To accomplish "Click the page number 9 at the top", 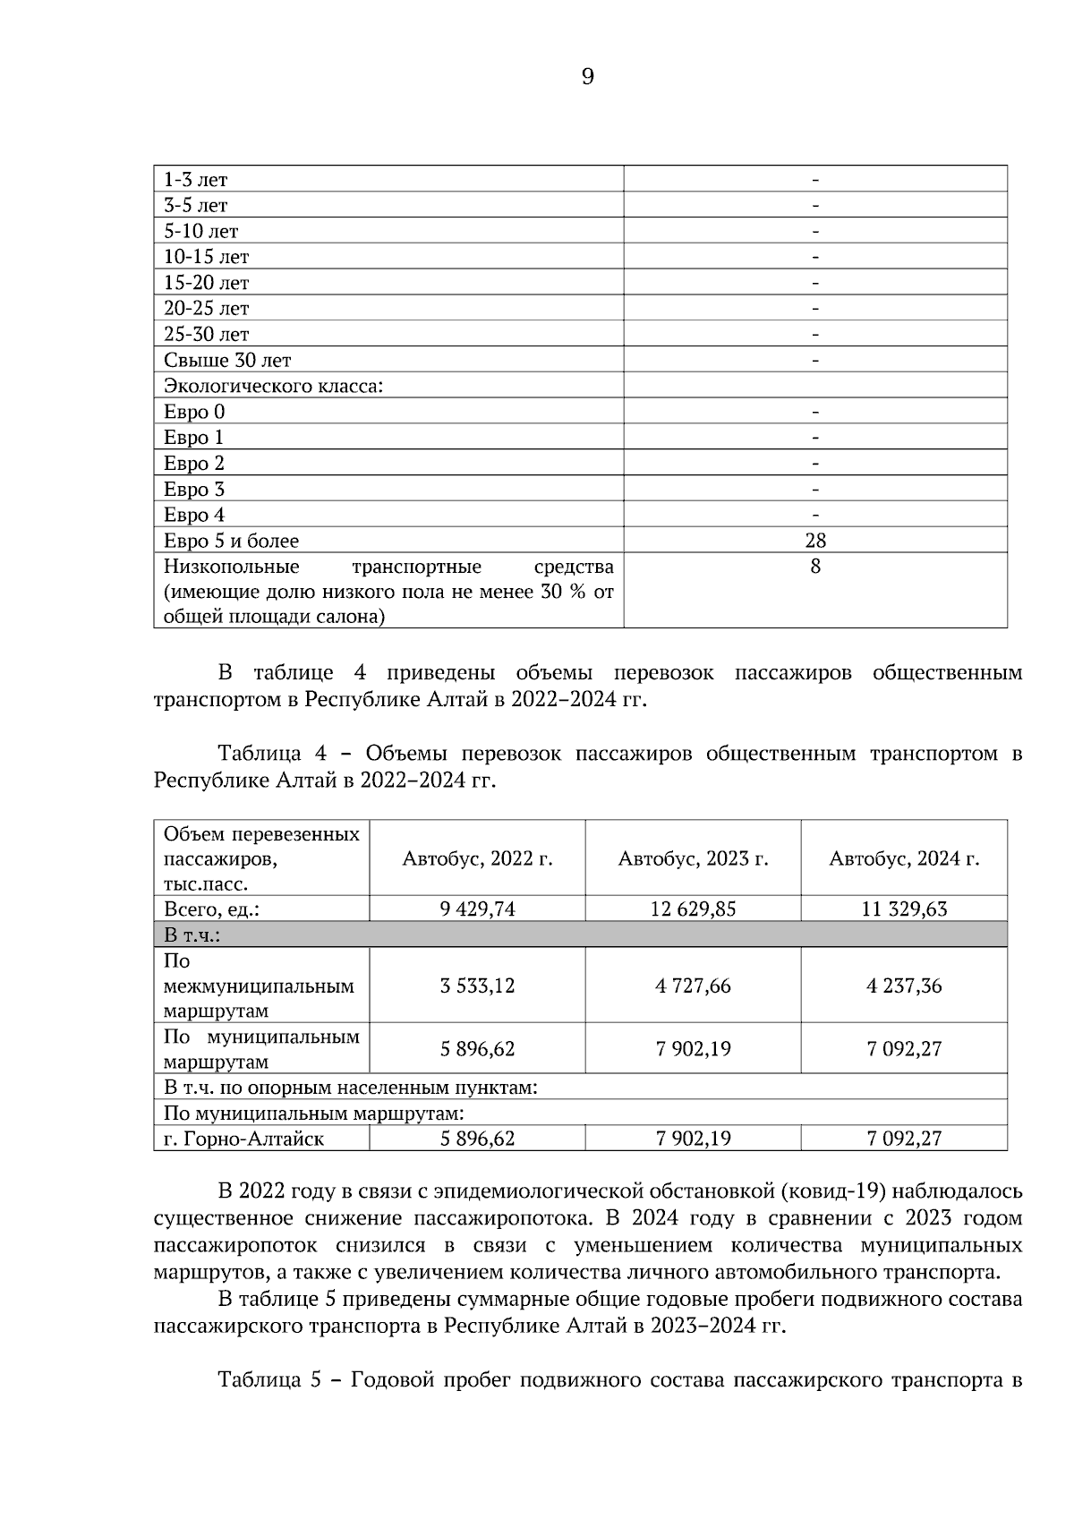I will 587,78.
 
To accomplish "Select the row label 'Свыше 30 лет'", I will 227,361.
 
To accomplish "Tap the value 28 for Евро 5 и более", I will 814,541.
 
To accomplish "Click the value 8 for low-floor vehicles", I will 814,567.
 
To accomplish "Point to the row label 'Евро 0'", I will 194,413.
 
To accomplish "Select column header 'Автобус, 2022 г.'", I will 477,859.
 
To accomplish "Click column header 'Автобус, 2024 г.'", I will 904,859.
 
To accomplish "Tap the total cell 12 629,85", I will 693,909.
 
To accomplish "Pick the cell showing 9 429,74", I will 477,909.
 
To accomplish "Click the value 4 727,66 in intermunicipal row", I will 693,986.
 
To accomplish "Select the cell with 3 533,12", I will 477,986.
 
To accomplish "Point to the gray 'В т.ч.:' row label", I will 192,935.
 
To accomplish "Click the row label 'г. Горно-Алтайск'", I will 243,1139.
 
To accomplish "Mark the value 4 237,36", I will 904,986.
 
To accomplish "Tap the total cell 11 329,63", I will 904,909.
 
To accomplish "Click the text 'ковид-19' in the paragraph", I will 831,1192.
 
